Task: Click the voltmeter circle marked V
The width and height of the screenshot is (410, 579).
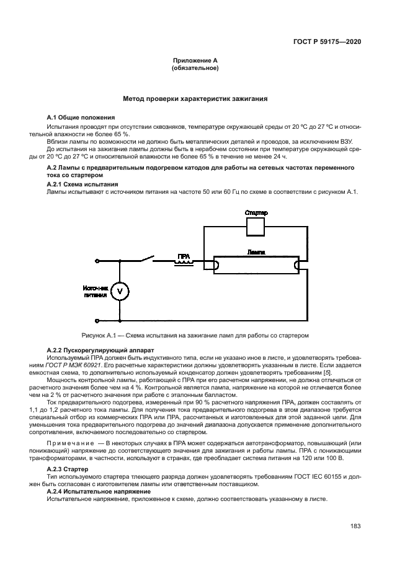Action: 122,290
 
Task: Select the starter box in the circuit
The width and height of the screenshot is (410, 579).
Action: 256,227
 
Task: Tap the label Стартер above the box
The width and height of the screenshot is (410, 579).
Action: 256,212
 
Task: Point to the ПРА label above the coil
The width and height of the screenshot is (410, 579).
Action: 184,256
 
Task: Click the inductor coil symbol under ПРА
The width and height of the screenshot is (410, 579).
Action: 184,263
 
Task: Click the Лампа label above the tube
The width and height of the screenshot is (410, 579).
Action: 256,253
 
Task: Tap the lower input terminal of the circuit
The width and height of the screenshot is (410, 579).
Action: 97,320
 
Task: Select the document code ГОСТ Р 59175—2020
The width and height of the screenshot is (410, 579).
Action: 328,41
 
